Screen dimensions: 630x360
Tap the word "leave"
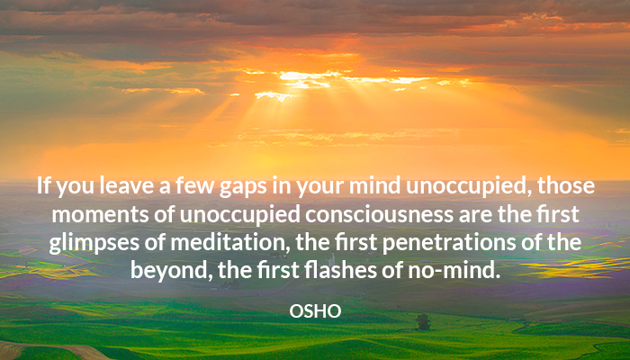(x=126, y=186)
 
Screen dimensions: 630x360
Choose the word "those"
(x=566, y=186)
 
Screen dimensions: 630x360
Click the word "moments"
(x=101, y=215)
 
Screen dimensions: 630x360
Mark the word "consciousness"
(x=379, y=215)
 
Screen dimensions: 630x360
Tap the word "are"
(x=475, y=216)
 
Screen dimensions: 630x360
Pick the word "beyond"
(x=171, y=272)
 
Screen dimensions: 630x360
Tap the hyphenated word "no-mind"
(x=454, y=271)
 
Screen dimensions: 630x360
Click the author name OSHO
(x=315, y=311)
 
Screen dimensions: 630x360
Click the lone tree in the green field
(x=423, y=322)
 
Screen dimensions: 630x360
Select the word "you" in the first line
(x=75, y=188)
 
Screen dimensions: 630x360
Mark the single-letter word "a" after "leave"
(x=165, y=188)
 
